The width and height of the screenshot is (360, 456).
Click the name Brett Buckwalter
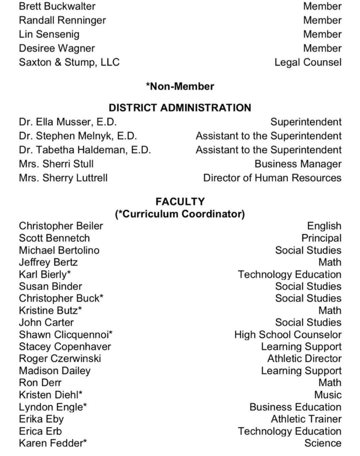pyautogui.click(x=57, y=6)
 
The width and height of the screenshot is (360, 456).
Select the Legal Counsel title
pyautogui.click(x=308, y=62)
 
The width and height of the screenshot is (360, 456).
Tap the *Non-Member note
pyautogui.click(x=180, y=86)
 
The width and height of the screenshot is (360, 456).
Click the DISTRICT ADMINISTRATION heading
pyautogui.click(x=180, y=108)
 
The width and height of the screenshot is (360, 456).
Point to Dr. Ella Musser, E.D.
pyautogui.click(x=68, y=122)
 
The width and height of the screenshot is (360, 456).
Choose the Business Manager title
pyautogui.click(x=298, y=164)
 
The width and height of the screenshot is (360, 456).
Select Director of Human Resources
pyautogui.click(x=272, y=178)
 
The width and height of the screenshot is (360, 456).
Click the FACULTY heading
pyautogui.click(x=180, y=202)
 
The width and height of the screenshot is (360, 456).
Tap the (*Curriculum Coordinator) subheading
pyautogui.click(x=180, y=214)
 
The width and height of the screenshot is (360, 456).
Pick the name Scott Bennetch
pyautogui.click(x=54, y=238)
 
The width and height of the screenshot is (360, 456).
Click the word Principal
pyautogui.click(x=321, y=238)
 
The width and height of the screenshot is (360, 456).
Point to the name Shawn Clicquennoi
pyautogui.click(x=65, y=334)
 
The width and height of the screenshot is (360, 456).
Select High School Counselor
pyautogui.click(x=288, y=334)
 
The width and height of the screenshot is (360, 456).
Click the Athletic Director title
pyautogui.click(x=304, y=359)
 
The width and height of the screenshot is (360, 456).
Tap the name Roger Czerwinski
pyautogui.click(x=60, y=359)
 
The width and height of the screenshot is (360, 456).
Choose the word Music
pyautogui.click(x=328, y=395)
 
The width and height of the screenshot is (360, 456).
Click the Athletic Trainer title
pyautogui.click(x=306, y=419)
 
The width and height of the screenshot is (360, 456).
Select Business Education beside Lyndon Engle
pyautogui.click(x=295, y=407)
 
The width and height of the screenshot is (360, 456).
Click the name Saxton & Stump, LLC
pyautogui.click(x=69, y=62)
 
